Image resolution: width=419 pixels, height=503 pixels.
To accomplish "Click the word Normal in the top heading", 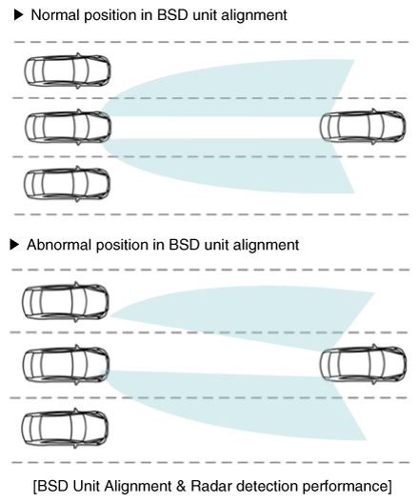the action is tap(55, 15).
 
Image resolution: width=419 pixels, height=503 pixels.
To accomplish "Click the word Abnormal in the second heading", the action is tap(59, 245).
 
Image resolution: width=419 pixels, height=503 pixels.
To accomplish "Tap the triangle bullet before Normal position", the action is tap(19, 14).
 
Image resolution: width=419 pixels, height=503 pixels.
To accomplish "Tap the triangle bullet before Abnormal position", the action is tap(14, 245).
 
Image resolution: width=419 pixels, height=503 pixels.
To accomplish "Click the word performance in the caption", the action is tap(345, 487).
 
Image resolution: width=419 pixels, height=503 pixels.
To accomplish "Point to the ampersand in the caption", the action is tap(181, 486).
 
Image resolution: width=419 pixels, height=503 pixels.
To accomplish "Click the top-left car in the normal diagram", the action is tap(68, 70).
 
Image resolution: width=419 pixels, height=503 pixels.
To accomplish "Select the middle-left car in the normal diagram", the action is tap(68, 127).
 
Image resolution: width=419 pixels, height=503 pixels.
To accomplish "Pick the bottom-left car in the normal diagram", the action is tap(67, 184).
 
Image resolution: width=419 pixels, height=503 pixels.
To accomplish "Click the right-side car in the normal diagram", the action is tap(363, 127).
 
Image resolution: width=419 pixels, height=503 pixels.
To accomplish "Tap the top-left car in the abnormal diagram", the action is tap(66, 302).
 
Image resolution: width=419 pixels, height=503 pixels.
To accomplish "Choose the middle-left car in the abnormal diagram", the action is tap(66, 365).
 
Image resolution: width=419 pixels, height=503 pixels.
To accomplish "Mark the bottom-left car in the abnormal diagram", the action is tap(65, 429).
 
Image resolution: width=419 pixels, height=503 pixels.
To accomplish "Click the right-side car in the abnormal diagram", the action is tap(364, 364).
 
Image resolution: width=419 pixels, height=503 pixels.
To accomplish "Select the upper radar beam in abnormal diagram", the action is tap(256, 314).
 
